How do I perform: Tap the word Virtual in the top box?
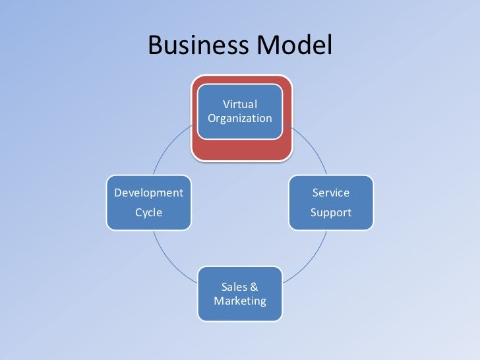click(x=240, y=104)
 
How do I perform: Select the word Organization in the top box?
click(x=240, y=119)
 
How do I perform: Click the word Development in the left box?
click(x=149, y=193)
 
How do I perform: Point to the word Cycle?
click(x=149, y=212)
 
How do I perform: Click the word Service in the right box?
click(x=331, y=193)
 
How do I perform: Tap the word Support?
click(x=331, y=212)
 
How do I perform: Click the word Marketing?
click(x=240, y=301)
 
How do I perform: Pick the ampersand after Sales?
click(x=254, y=287)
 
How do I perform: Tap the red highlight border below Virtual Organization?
click(x=240, y=151)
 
